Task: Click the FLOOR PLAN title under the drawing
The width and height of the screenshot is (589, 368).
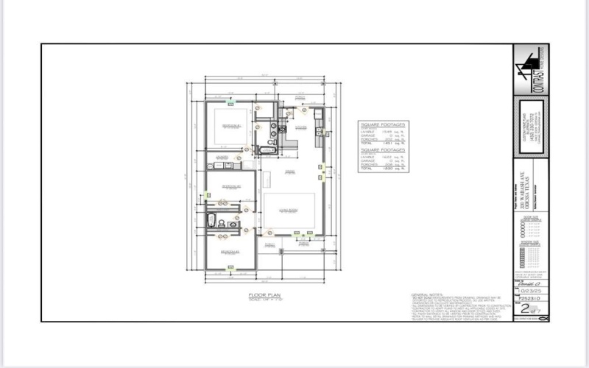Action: point(261,293)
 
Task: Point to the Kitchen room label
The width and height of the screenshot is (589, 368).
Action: point(300,127)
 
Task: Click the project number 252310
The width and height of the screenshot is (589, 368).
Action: point(529,300)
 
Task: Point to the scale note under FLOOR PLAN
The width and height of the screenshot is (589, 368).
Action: point(261,297)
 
